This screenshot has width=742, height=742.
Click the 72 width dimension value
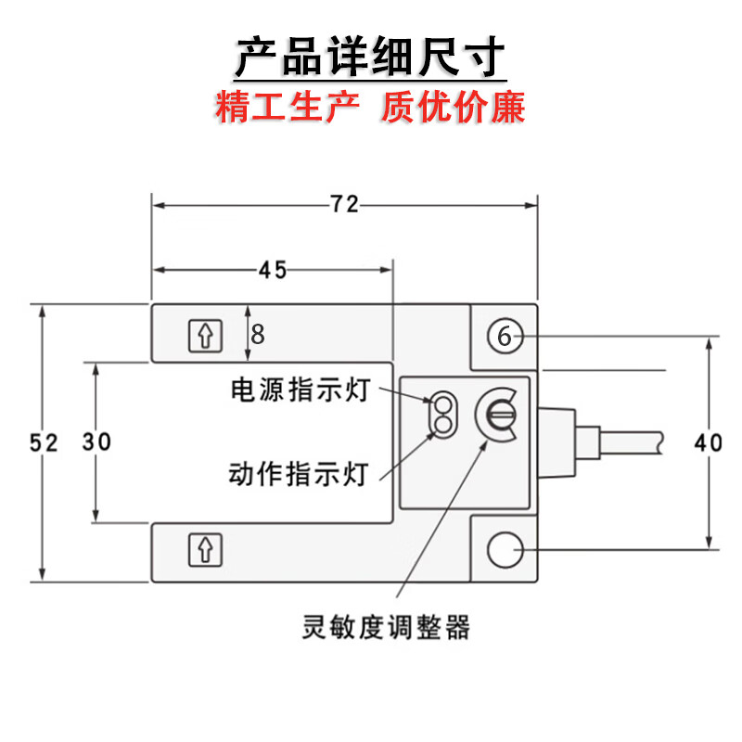[x=345, y=205]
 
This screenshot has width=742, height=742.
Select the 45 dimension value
[x=272, y=270]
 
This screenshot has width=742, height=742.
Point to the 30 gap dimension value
[x=96, y=442]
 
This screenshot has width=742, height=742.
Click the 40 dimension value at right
[x=709, y=443]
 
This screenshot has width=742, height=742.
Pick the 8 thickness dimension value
[x=258, y=334]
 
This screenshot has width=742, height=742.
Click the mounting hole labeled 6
[x=505, y=336]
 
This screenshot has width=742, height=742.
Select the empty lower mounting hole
[x=505, y=550]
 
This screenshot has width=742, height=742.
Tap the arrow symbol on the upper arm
[x=205, y=335]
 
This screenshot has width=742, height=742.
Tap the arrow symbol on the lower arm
[x=205, y=550]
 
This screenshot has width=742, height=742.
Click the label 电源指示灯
[x=300, y=390]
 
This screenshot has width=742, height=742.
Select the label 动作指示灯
[x=300, y=474]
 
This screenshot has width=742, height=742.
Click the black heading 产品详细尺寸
[x=370, y=57]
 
